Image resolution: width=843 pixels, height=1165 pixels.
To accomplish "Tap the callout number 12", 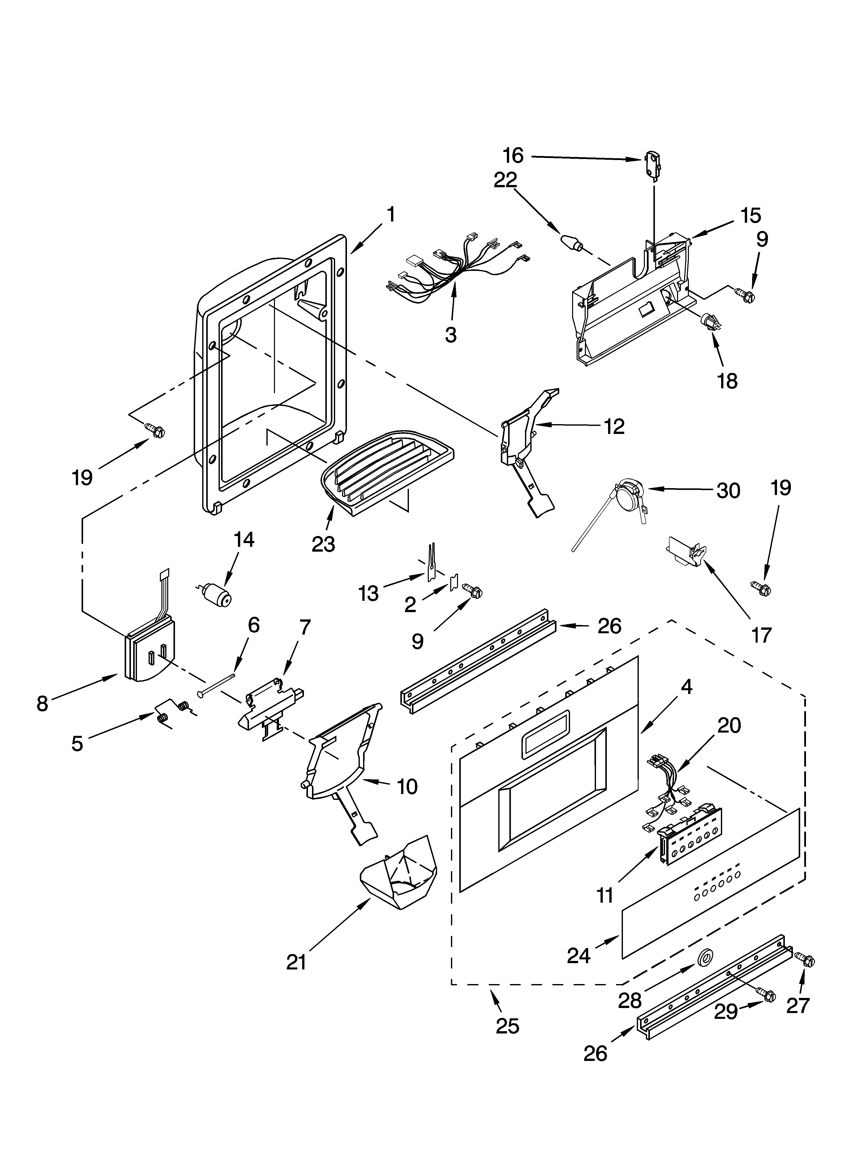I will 614,426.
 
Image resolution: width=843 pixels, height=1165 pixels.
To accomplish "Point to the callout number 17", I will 761,635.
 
